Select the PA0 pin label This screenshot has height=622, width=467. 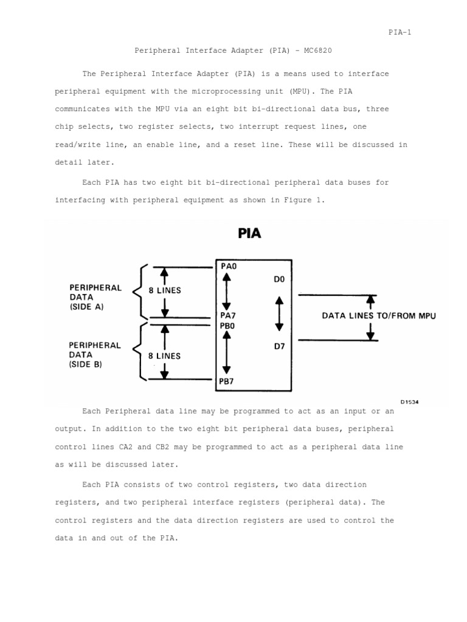click(229, 266)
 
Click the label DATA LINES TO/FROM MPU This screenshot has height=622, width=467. click(378, 316)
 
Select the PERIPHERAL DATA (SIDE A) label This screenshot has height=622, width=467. click(95, 297)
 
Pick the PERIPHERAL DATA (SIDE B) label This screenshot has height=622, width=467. click(95, 355)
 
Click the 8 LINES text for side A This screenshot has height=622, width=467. click(165, 290)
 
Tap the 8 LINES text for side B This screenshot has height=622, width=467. click(165, 356)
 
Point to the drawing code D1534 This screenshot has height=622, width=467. click(410, 402)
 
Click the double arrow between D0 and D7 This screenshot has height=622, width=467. click(279, 314)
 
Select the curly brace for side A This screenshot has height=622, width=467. click(142, 291)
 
